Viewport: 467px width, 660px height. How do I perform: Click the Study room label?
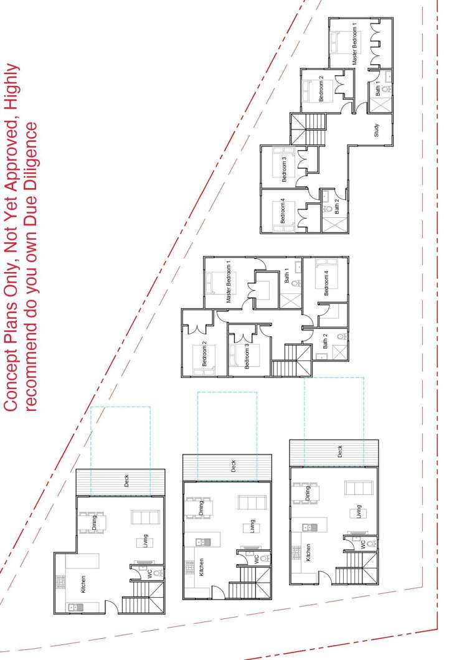tap(377, 130)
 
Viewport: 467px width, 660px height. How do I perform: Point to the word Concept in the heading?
tap(11, 382)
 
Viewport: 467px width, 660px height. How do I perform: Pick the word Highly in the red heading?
tap(11, 84)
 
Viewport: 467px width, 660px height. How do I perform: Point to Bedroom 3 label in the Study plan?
tap(284, 169)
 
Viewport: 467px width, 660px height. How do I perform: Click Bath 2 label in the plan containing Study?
tap(336, 206)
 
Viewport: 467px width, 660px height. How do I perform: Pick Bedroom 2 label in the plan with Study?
tap(321, 88)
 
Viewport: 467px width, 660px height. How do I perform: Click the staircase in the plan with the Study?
tap(308, 129)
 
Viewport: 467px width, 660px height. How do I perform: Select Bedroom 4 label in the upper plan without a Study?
tap(326, 283)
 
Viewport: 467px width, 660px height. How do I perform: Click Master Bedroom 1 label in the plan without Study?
tap(229, 281)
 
